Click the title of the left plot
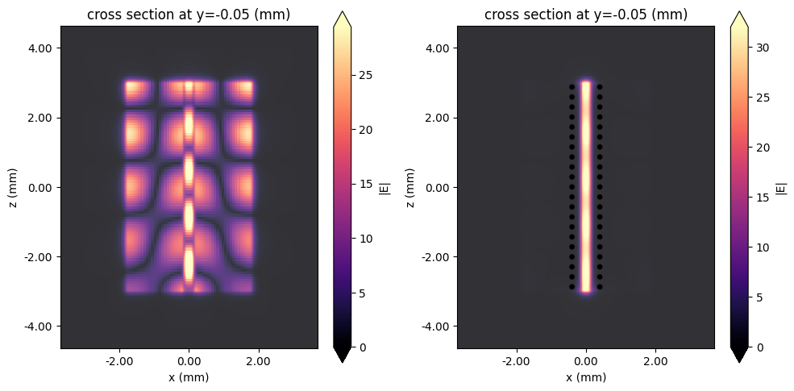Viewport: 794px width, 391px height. [189, 14]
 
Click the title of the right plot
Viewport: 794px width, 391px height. [585, 14]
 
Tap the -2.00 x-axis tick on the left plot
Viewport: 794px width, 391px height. [118, 364]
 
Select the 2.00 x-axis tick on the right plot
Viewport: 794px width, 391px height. [655, 364]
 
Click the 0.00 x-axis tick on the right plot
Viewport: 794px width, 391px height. [586, 364]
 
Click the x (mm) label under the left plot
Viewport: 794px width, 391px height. [189, 377]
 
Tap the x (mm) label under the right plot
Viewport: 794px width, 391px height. [585, 377]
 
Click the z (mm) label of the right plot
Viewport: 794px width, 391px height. [413, 187]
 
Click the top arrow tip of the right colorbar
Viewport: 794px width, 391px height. [740, 14]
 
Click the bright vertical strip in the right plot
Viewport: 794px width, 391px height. [586, 185]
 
